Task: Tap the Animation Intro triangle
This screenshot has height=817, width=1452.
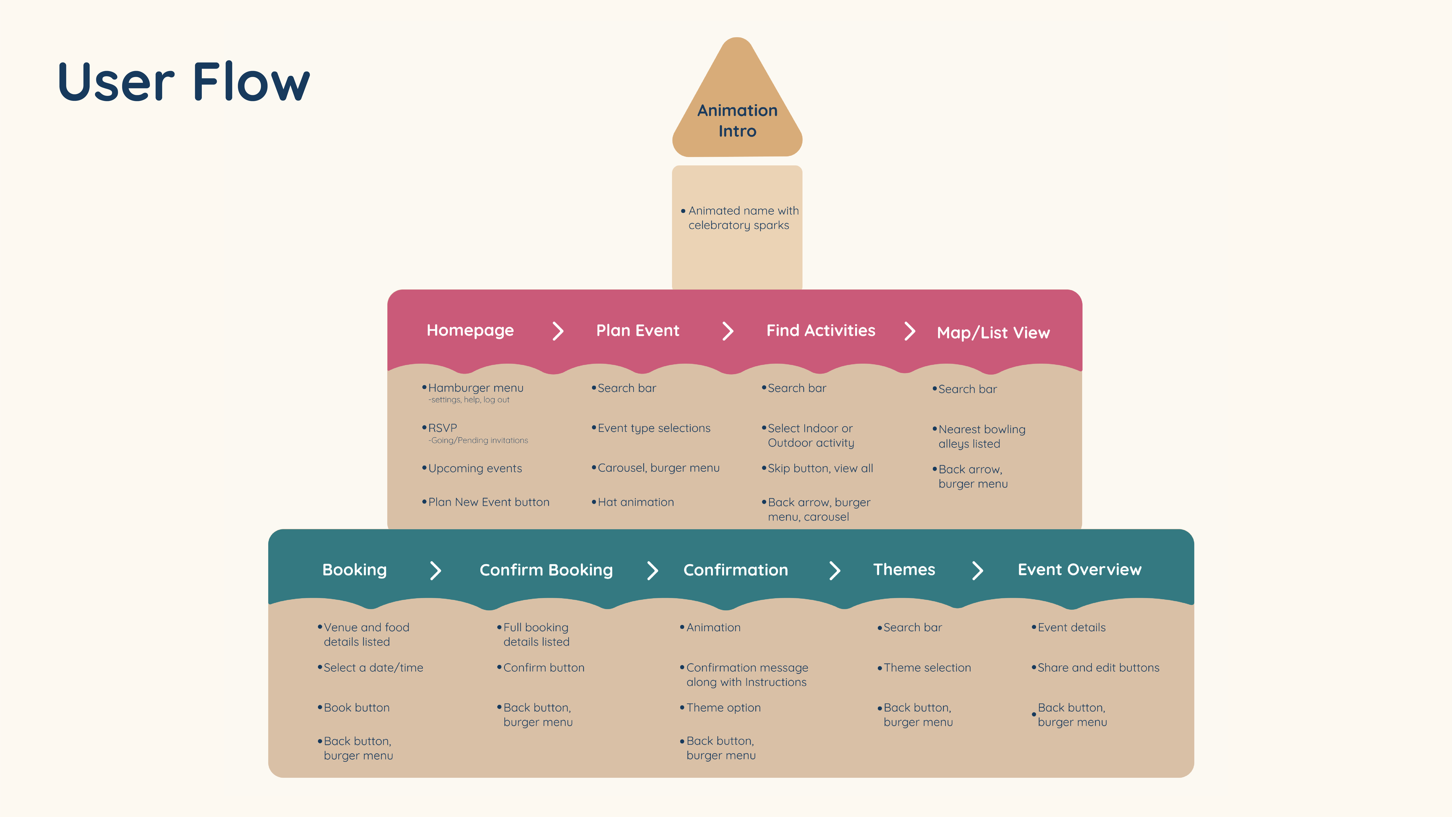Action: [737, 101]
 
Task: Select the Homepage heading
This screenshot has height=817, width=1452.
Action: [470, 330]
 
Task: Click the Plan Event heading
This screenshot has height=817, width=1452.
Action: [638, 330]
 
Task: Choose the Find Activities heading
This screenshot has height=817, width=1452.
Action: [821, 330]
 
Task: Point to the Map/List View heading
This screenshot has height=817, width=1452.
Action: [993, 333]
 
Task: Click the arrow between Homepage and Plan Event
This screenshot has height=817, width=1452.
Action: [558, 331]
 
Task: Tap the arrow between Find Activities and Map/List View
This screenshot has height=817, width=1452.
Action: [910, 331]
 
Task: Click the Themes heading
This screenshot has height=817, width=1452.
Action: [904, 570]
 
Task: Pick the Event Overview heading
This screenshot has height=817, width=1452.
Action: [1079, 570]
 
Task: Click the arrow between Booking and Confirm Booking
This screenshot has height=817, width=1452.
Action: [436, 570]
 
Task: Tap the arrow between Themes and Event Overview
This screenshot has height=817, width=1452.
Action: [978, 570]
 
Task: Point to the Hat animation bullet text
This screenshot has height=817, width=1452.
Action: [636, 502]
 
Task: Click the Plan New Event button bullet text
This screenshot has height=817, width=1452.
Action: [489, 502]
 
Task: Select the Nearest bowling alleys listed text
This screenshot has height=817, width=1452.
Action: [982, 436]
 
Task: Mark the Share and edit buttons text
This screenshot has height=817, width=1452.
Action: [1099, 668]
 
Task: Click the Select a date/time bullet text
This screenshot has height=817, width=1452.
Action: [373, 668]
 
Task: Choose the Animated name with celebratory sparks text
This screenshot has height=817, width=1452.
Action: [744, 218]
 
